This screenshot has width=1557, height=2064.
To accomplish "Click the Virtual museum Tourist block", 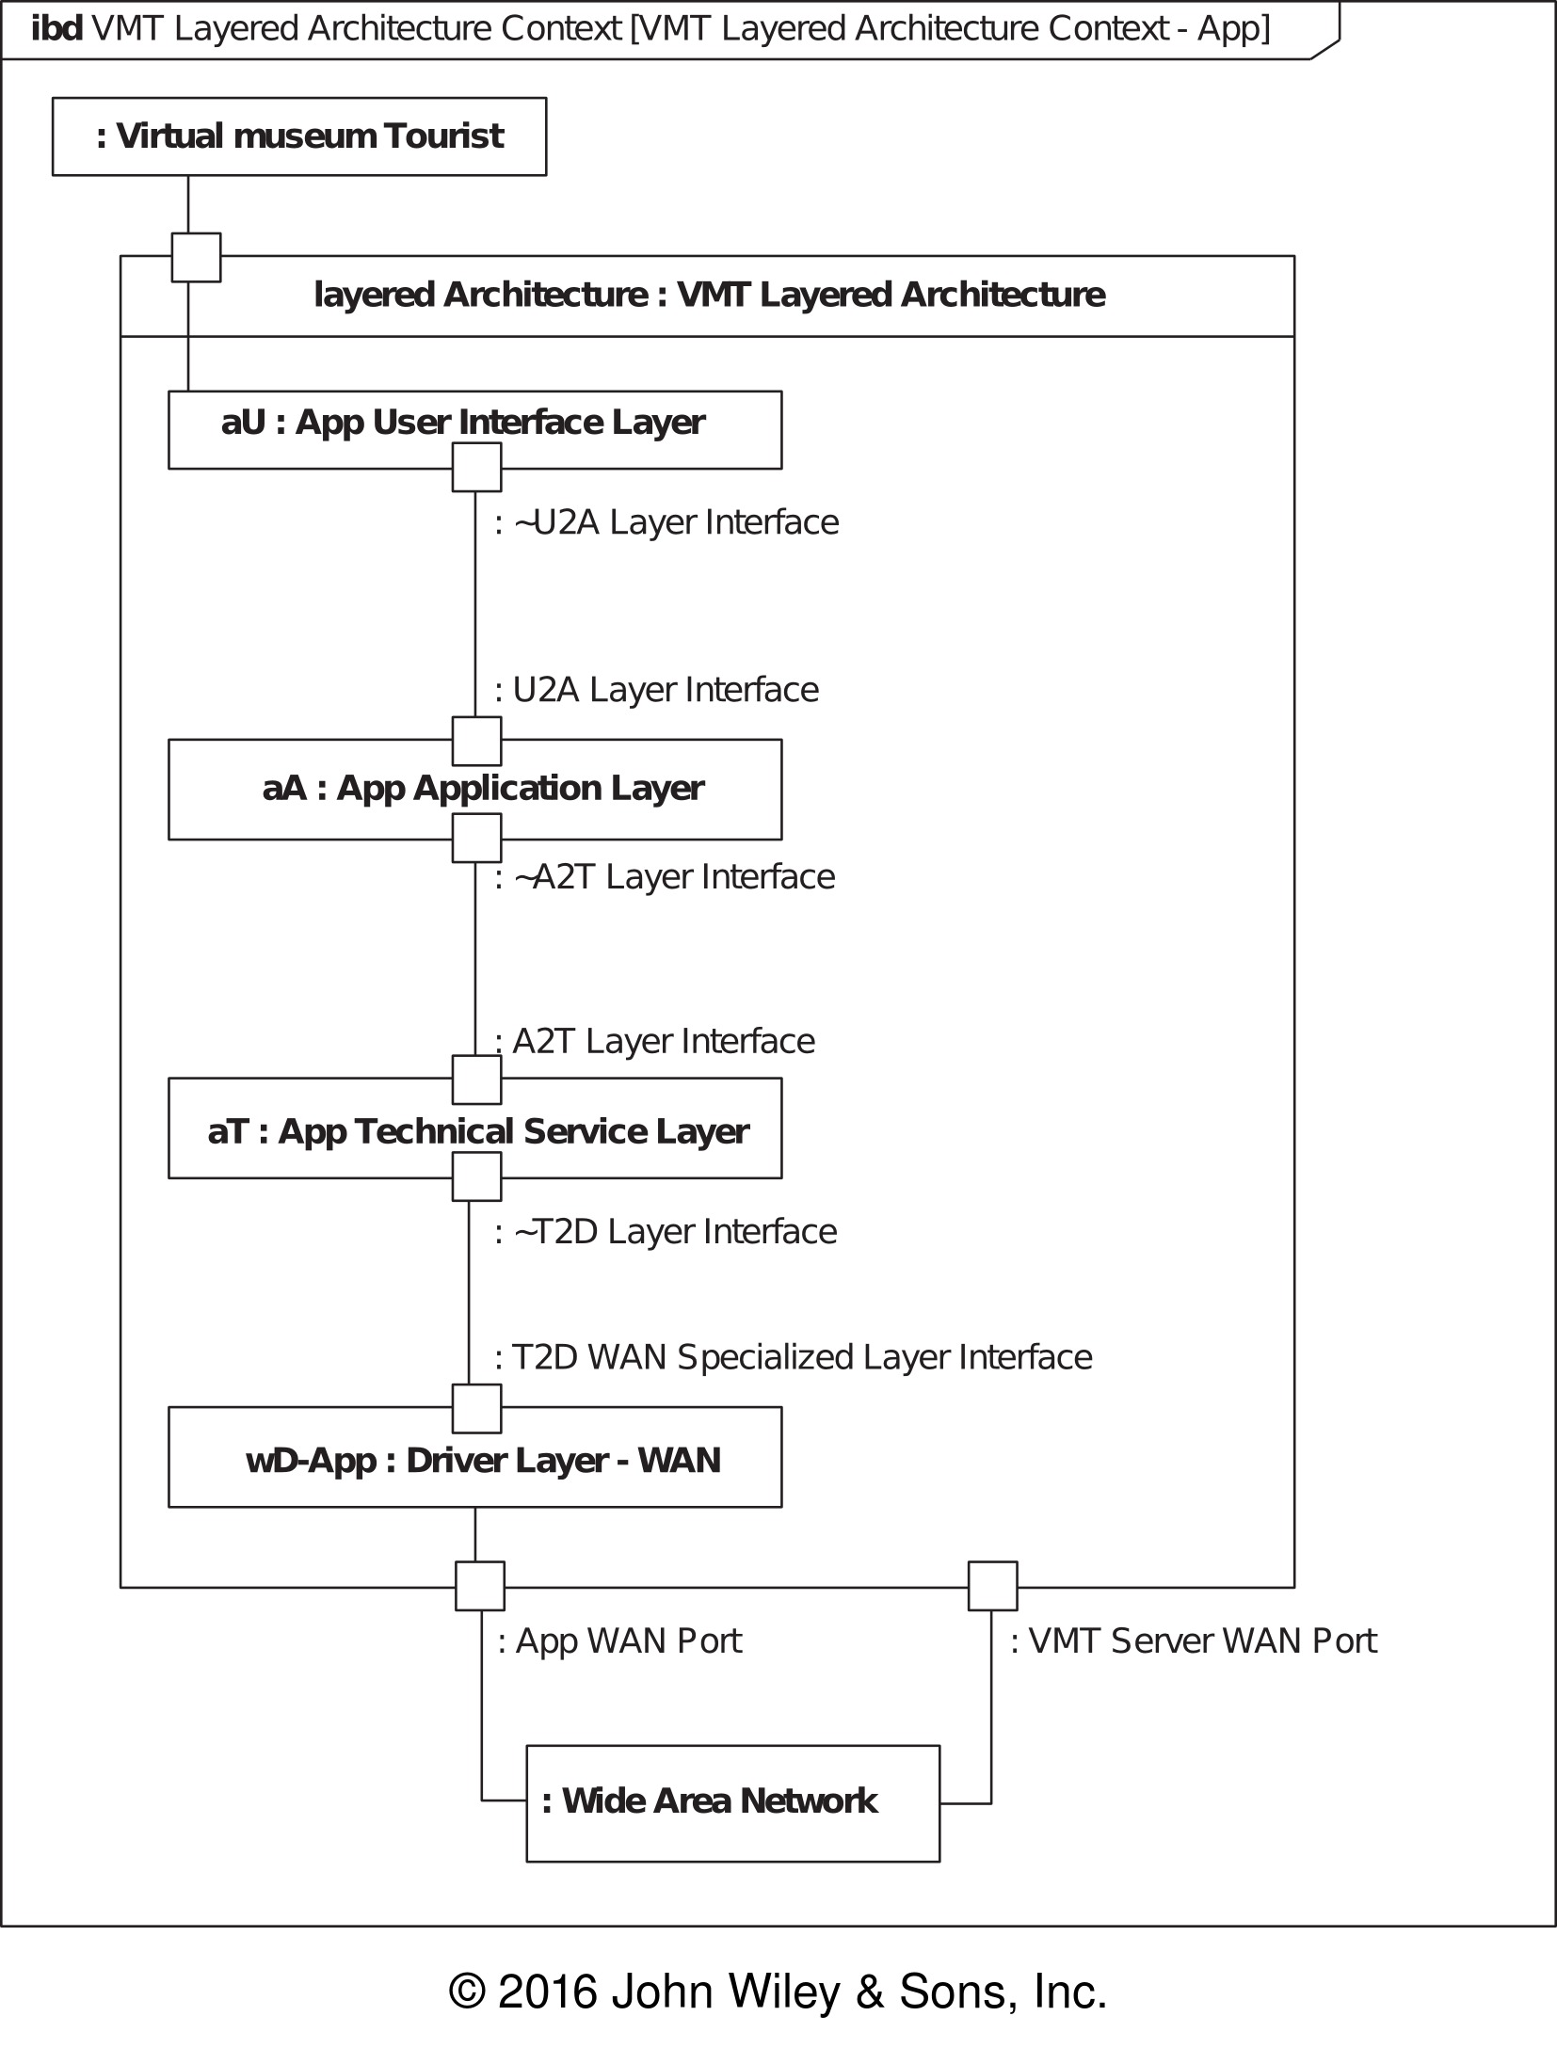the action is [x=299, y=136].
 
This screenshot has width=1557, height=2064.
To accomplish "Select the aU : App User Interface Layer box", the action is [x=474, y=429].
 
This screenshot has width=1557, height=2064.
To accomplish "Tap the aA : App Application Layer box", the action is [x=474, y=789].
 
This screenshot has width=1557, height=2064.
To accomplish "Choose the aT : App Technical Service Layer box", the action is [x=474, y=1128].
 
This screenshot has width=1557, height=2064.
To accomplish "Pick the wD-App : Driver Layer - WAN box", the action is [x=474, y=1457].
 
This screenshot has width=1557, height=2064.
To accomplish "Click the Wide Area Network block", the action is [x=732, y=1803].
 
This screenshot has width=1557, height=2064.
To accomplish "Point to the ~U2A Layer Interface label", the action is [x=666, y=522].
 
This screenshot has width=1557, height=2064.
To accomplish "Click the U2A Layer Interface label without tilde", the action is [x=657, y=690].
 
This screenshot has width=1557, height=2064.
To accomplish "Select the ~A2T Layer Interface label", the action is [x=665, y=877].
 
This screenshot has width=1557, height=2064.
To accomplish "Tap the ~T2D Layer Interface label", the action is [x=666, y=1232].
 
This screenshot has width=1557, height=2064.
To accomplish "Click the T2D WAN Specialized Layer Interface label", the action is [x=794, y=1357].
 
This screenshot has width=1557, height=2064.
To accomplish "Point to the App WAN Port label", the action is [x=619, y=1641].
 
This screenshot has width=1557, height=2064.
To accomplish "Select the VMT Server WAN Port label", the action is [x=1194, y=1641].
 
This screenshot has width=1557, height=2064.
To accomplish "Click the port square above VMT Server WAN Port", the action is [x=993, y=1586].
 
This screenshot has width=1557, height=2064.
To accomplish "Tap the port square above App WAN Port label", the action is [x=480, y=1586].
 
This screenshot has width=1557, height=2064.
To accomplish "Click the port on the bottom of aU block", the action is [x=477, y=467].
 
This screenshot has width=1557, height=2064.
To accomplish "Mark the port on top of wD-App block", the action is [x=477, y=1408].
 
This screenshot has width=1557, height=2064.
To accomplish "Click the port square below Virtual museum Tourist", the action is [x=196, y=257].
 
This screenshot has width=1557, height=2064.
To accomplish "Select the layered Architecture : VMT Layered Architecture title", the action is [x=709, y=296].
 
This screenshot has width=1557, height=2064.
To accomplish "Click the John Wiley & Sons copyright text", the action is [x=778, y=1992].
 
